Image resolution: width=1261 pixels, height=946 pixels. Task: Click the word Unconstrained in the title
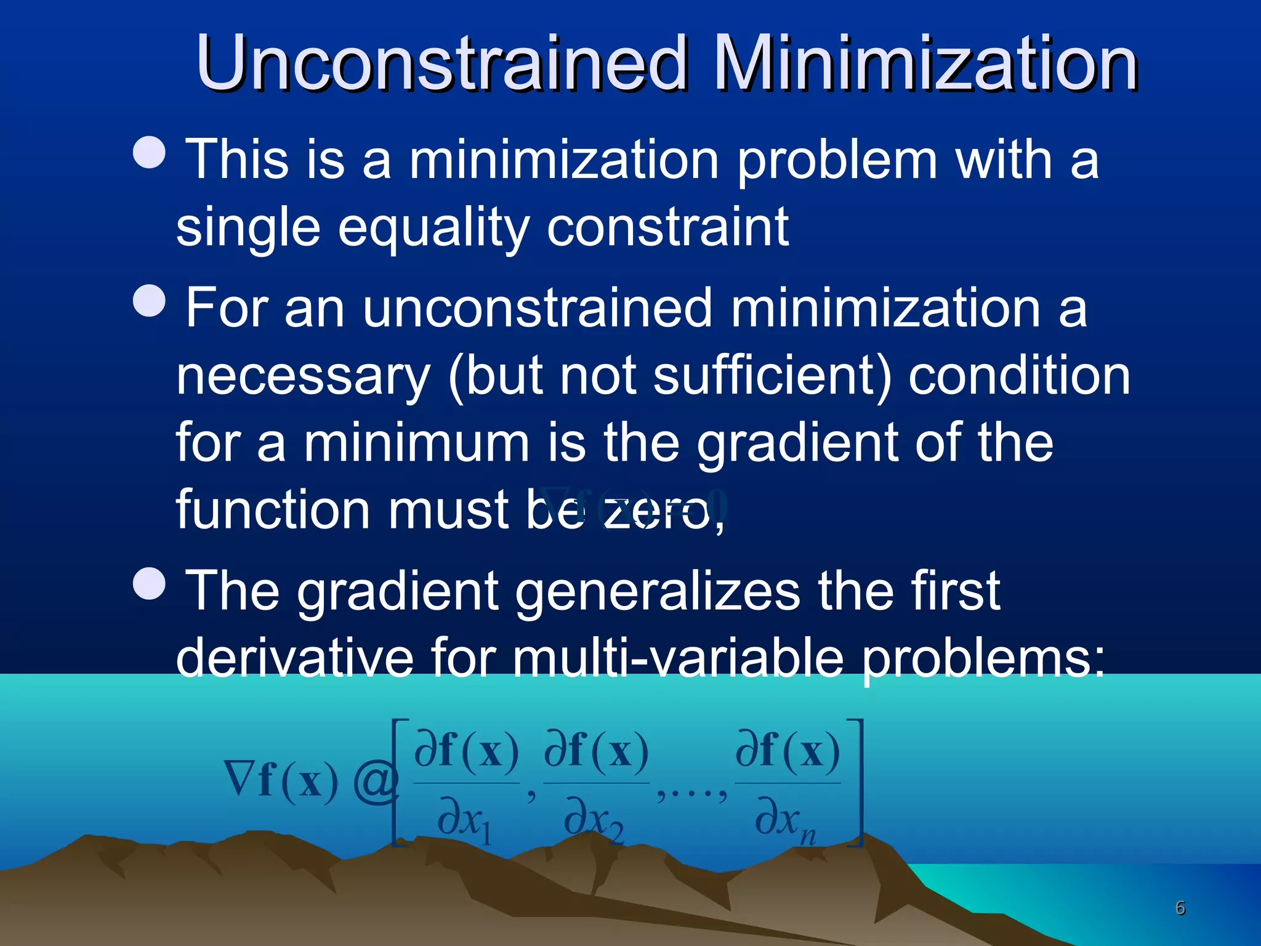point(441,63)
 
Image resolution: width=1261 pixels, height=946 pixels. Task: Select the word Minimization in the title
point(929,63)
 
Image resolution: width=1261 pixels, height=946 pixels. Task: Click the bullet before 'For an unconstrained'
point(150,301)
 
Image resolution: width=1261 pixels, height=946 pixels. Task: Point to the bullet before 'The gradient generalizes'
point(150,583)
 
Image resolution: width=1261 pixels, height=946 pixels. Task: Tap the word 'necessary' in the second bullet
point(303,376)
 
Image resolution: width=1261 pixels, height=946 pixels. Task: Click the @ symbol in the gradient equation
point(376,782)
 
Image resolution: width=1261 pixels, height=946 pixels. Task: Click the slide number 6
point(1180,908)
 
